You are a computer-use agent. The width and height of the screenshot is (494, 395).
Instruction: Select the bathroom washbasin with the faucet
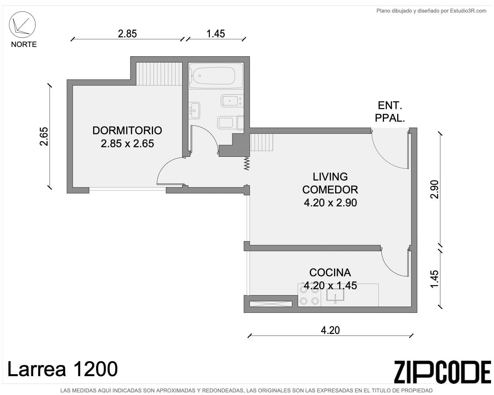point(194,110)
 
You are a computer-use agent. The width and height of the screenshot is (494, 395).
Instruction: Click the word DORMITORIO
point(127,131)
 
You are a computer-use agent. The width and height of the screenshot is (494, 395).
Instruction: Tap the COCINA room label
point(330,273)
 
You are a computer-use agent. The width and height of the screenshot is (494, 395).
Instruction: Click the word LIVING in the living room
point(330,177)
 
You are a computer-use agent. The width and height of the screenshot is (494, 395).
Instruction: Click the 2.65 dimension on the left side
point(44,136)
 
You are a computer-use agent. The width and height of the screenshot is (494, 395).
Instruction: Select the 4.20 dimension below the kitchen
point(330,330)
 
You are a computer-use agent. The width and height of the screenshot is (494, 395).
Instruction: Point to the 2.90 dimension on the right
point(435,189)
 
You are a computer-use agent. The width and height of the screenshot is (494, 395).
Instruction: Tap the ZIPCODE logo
point(442,372)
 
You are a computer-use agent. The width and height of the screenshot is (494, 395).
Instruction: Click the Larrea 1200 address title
point(62,369)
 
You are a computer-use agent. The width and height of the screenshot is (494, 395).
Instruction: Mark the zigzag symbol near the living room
point(247,163)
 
